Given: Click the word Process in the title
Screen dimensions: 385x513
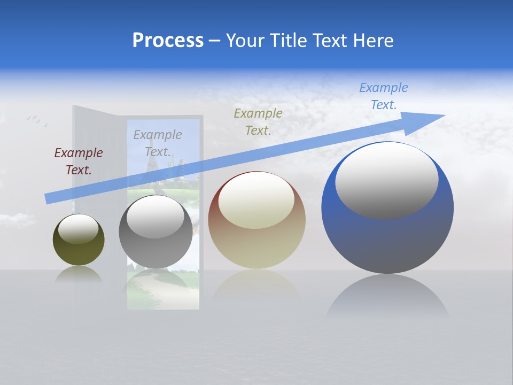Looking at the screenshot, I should click(168, 41).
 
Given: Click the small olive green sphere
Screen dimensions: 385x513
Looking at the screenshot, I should click(79, 251).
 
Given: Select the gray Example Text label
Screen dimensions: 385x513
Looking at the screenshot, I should click(157, 143).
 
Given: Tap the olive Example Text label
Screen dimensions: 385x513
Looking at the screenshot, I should click(258, 121).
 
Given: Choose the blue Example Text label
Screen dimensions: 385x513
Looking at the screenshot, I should click(383, 96).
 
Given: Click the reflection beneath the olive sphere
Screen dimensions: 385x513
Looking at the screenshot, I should click(79, 275).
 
